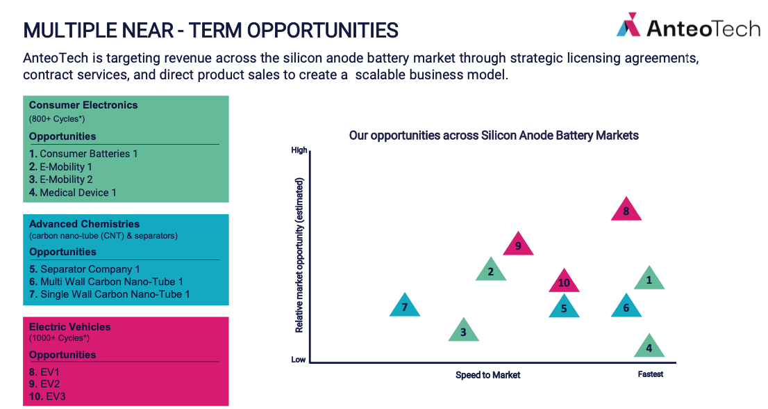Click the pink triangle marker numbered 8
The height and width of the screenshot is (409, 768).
click(626, 210)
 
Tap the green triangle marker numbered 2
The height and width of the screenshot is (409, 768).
click(491, 270)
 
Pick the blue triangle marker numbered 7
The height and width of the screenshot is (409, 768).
click(405, 306)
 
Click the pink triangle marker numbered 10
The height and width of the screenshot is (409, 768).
click(564, 282)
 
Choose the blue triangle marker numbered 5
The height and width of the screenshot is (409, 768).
click(564, 307)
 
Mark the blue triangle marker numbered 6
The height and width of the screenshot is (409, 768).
click(626, 307)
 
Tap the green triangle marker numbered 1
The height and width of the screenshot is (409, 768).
click(649, 279)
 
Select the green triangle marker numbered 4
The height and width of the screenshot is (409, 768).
click(649, 346)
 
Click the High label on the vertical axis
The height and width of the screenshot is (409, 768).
click(299, 150)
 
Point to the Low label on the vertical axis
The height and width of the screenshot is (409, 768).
click(299, 360)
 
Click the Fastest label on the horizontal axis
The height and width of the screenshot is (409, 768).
click(651, 374)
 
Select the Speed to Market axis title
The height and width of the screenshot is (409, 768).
click(488, 375)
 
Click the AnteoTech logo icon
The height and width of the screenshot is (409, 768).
click(628, 24)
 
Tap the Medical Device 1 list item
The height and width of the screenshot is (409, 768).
click(72, 193)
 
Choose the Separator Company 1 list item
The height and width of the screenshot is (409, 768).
click(84, 269)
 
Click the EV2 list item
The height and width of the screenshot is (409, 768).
click(44, 384)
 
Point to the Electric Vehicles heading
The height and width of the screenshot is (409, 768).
click(69, 327)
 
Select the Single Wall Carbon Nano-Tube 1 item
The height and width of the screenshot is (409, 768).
click(109, 294)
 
